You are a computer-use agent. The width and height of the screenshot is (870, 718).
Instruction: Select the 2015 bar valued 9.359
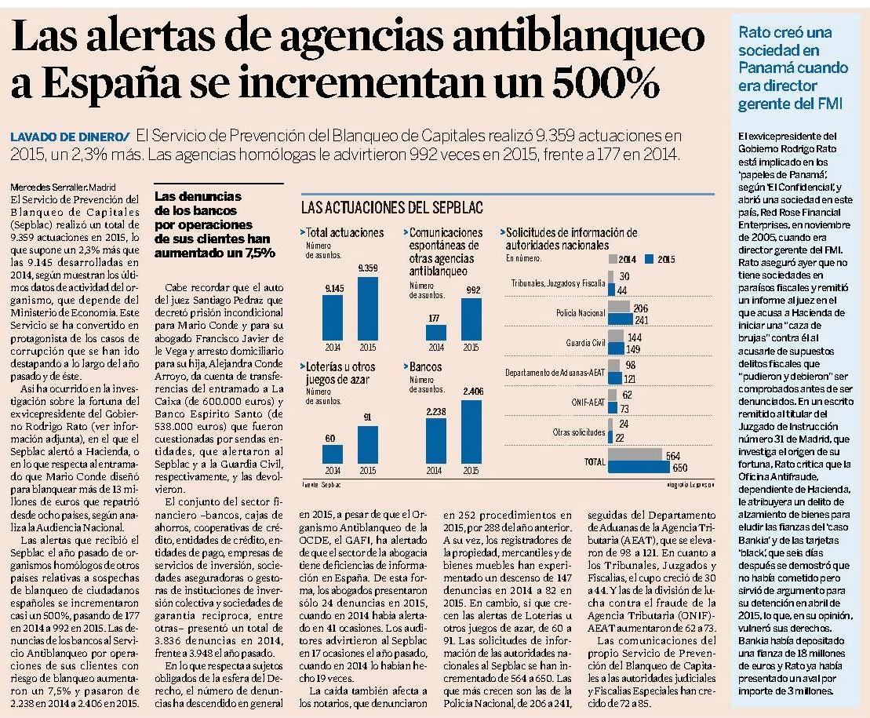click(367, 308)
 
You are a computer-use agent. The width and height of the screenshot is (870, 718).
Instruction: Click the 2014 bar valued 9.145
click(333, 317)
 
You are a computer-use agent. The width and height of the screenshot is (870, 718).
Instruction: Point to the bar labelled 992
click(471, 319)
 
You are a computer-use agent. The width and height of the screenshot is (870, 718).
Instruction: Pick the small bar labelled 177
click(436, 333)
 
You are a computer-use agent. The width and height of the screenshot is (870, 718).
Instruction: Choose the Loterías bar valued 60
click(333, 454)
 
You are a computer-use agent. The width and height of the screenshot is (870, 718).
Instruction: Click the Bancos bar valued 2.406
click(471, 432)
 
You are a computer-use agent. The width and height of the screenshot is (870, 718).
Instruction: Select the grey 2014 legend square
click(613, 259)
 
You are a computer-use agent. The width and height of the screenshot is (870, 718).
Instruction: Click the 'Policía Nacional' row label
click(581, 313)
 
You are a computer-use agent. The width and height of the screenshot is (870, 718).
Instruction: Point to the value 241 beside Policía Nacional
click(642, 320)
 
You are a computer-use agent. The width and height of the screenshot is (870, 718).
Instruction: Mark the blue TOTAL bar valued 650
click(639, 467)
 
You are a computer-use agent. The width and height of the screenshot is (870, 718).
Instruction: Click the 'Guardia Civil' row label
click(585, 343)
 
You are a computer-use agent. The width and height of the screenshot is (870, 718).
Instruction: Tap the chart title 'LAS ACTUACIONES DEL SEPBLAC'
click(391, 207)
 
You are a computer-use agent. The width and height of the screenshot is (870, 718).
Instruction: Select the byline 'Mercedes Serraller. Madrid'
click(64, 188)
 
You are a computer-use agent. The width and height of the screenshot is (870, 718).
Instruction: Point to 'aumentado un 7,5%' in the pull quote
click(215, 253)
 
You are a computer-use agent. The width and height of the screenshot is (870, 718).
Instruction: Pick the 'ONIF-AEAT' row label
click(588, 403)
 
